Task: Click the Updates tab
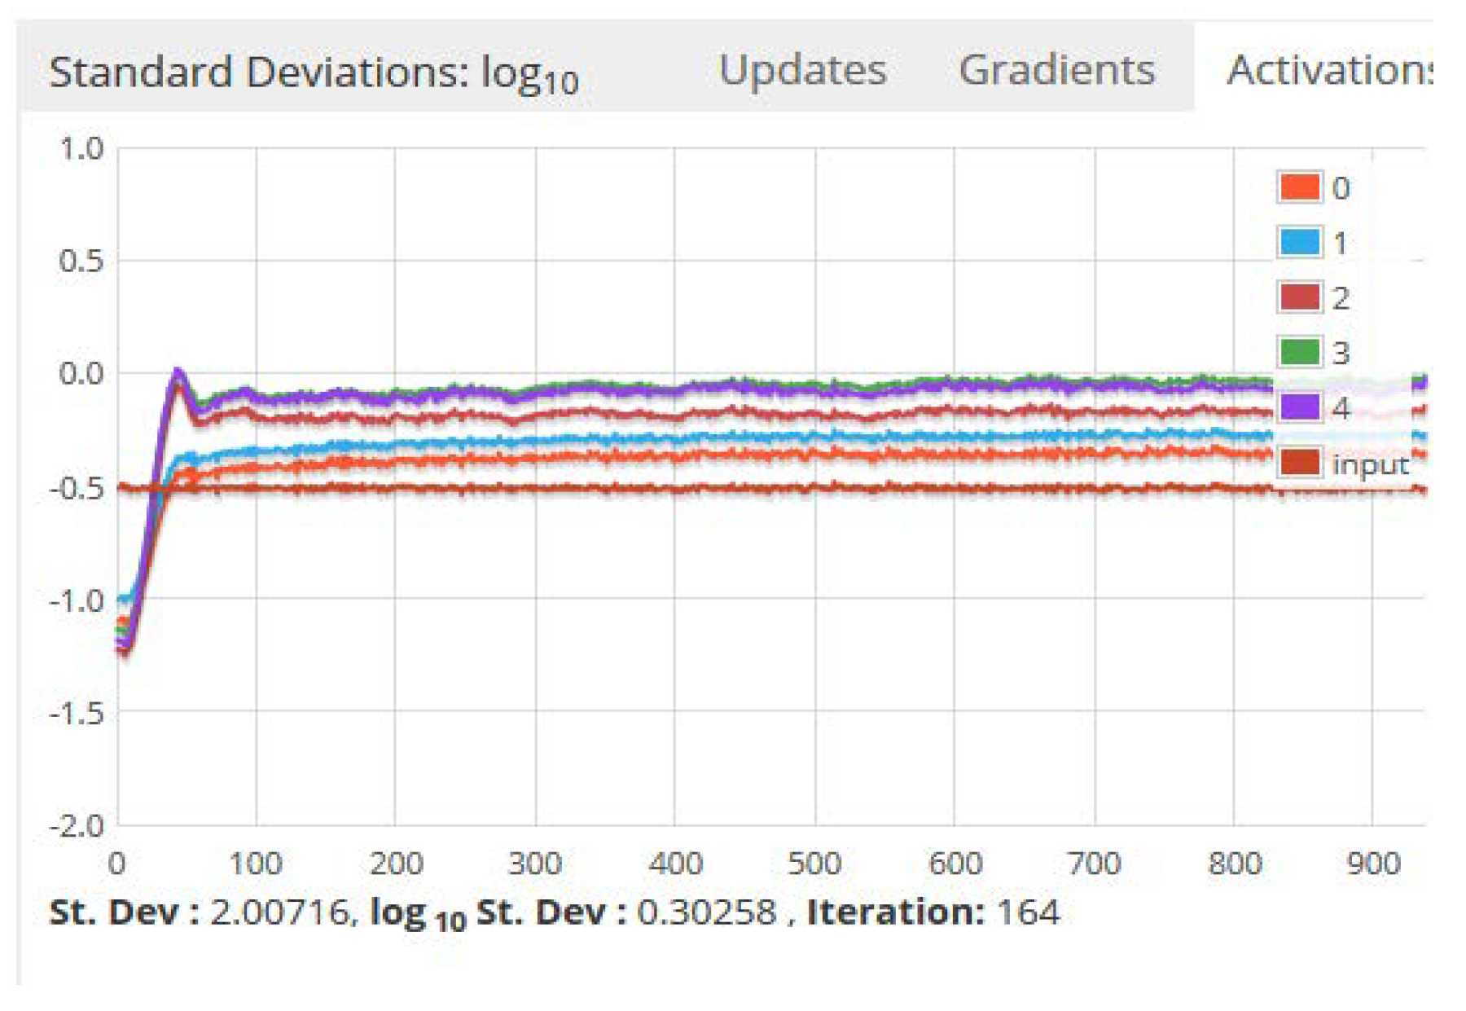click(802, 70)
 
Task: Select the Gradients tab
click(1056, 70)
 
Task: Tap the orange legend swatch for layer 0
click(1299, 187)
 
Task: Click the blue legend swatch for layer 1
click(1299, 242)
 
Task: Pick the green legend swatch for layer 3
click(1299, 352)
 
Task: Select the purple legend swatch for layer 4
click(1299, 407)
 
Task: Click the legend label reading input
click(1371, 464)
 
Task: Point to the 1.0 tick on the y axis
click(81, 149)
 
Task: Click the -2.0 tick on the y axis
click(77, 825)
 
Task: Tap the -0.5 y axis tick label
click(77, 488)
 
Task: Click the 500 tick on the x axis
click(814, 863)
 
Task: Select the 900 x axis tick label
click(1373, 863)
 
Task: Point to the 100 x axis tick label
click(256, 863)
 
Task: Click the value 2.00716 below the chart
click(279, 912)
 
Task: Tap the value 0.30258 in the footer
click(706, 912)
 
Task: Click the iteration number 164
click(1028, 912)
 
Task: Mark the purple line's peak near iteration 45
click(177, 373)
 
